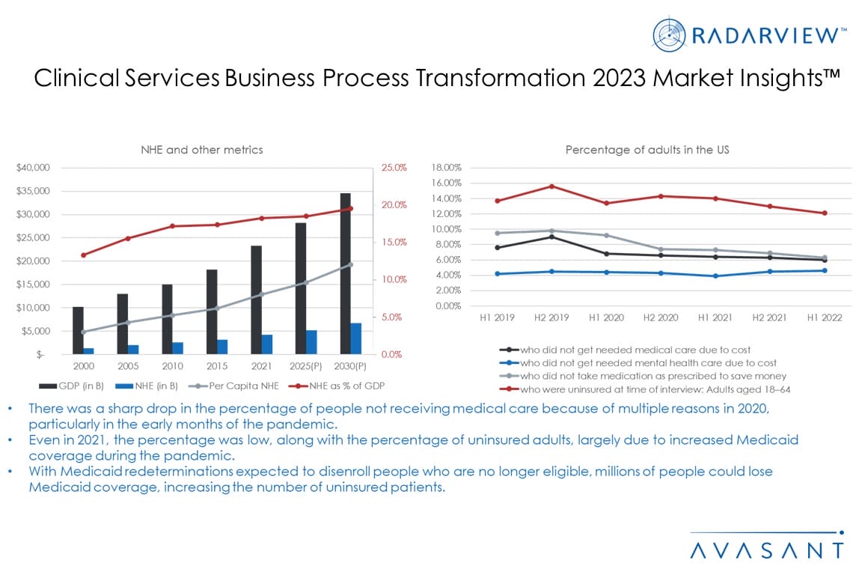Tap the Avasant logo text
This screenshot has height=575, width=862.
[x=766, y=550]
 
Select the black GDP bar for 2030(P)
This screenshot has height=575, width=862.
[x=345, y=273]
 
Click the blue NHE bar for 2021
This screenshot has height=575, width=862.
[x=267, y=344]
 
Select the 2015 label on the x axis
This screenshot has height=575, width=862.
[x=217, y=367]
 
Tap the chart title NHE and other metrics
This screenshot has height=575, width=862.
[x=202, y=150]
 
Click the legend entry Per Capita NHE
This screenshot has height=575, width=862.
[x=238, y=385]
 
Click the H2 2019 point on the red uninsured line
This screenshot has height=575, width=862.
[x=552, y=186]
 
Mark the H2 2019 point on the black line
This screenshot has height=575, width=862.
[x=552, y=237]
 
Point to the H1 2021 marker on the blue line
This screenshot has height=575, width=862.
[x=715, y=276]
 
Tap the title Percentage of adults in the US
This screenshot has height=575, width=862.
[x=647, y=150]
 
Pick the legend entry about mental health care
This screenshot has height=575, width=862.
[x=648, y=362]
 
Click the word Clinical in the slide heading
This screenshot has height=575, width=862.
[x=76, y=79]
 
